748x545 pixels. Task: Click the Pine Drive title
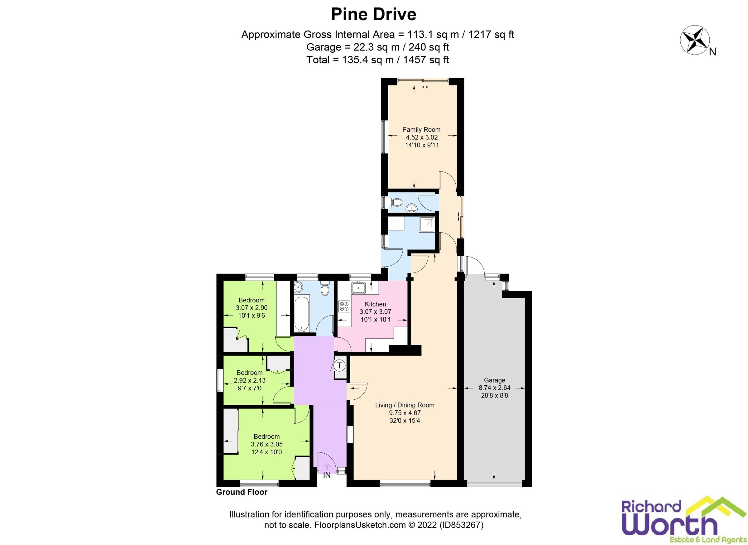click(x=373, y=15)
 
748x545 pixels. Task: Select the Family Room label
click(x=421, y=130)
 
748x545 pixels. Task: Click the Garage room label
click(x=494, y=380)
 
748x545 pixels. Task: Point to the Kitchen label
click(x=375, y=304)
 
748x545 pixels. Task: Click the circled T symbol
click(x=339, y=365)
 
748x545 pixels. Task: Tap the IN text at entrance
click(x=327, y=475)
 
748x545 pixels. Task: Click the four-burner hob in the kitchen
click(x=344, y=307)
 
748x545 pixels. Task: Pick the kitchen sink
click(x=358, y=288)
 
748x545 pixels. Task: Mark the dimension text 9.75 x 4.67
click(x=405, y=413)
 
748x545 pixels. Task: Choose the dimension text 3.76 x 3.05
click(x=266, y=444)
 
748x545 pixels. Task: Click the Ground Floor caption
click(x=242, y=492)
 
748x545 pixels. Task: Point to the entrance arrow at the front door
click(x=327, y=466)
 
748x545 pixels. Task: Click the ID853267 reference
click(x=461, y=524)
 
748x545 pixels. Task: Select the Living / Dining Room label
click(x=405, y=405)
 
